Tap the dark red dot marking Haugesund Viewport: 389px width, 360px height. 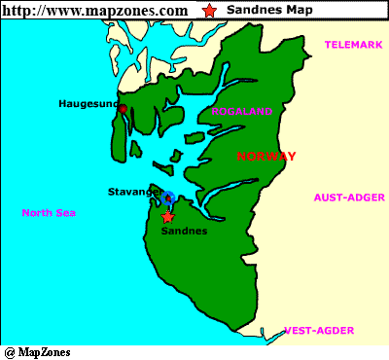pos(122,107)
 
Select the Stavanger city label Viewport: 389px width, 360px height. pos(134,193)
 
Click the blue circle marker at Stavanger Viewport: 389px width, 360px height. pos(169,198)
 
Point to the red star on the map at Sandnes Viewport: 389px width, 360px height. pos(167,216)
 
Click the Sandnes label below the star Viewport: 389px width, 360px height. pos(183,232)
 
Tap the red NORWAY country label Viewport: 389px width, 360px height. pos(265,157)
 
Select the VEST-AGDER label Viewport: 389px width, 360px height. pos(318,330)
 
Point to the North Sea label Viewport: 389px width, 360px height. pos(51,213)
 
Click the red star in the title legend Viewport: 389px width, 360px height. pos(209,10)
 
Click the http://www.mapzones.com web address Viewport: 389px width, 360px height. pos(94,10)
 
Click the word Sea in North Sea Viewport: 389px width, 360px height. pos(67,213)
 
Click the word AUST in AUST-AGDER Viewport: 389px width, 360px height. pos(327,197)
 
